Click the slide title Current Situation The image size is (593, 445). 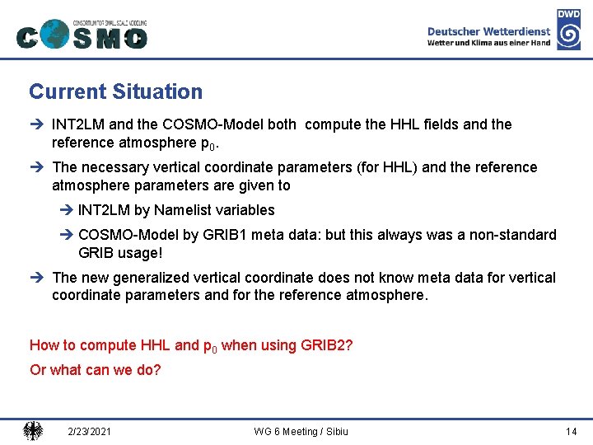click(115, 92)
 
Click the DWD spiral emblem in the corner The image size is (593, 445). click(568, 34)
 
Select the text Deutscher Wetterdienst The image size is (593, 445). click(489, 30)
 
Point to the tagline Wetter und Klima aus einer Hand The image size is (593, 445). click(489, 43)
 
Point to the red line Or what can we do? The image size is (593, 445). click(96, 370)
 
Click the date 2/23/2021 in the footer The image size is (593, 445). click(91, 432)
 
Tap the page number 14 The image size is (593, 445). click(572, 432)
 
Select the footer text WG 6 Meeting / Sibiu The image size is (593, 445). click(301, 432)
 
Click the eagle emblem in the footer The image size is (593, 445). click(33, 431)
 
